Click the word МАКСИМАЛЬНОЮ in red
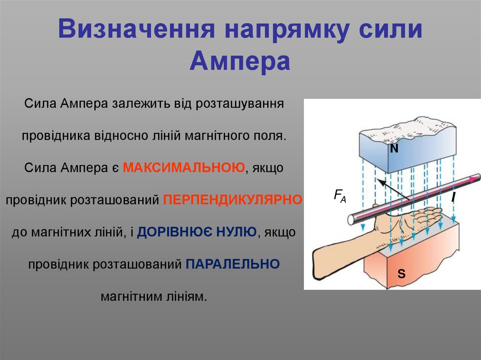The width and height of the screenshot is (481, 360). tap(184, 168)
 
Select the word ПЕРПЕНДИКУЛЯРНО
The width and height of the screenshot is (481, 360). tap(233, 199)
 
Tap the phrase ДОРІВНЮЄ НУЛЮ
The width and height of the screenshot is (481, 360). tap(197, 232)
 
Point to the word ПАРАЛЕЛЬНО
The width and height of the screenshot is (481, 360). tap(233, 264)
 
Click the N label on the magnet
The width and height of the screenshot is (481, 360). tap(394, 149)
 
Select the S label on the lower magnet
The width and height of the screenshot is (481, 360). tap(401, 273)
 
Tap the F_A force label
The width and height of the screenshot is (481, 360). tap(340, 195)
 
